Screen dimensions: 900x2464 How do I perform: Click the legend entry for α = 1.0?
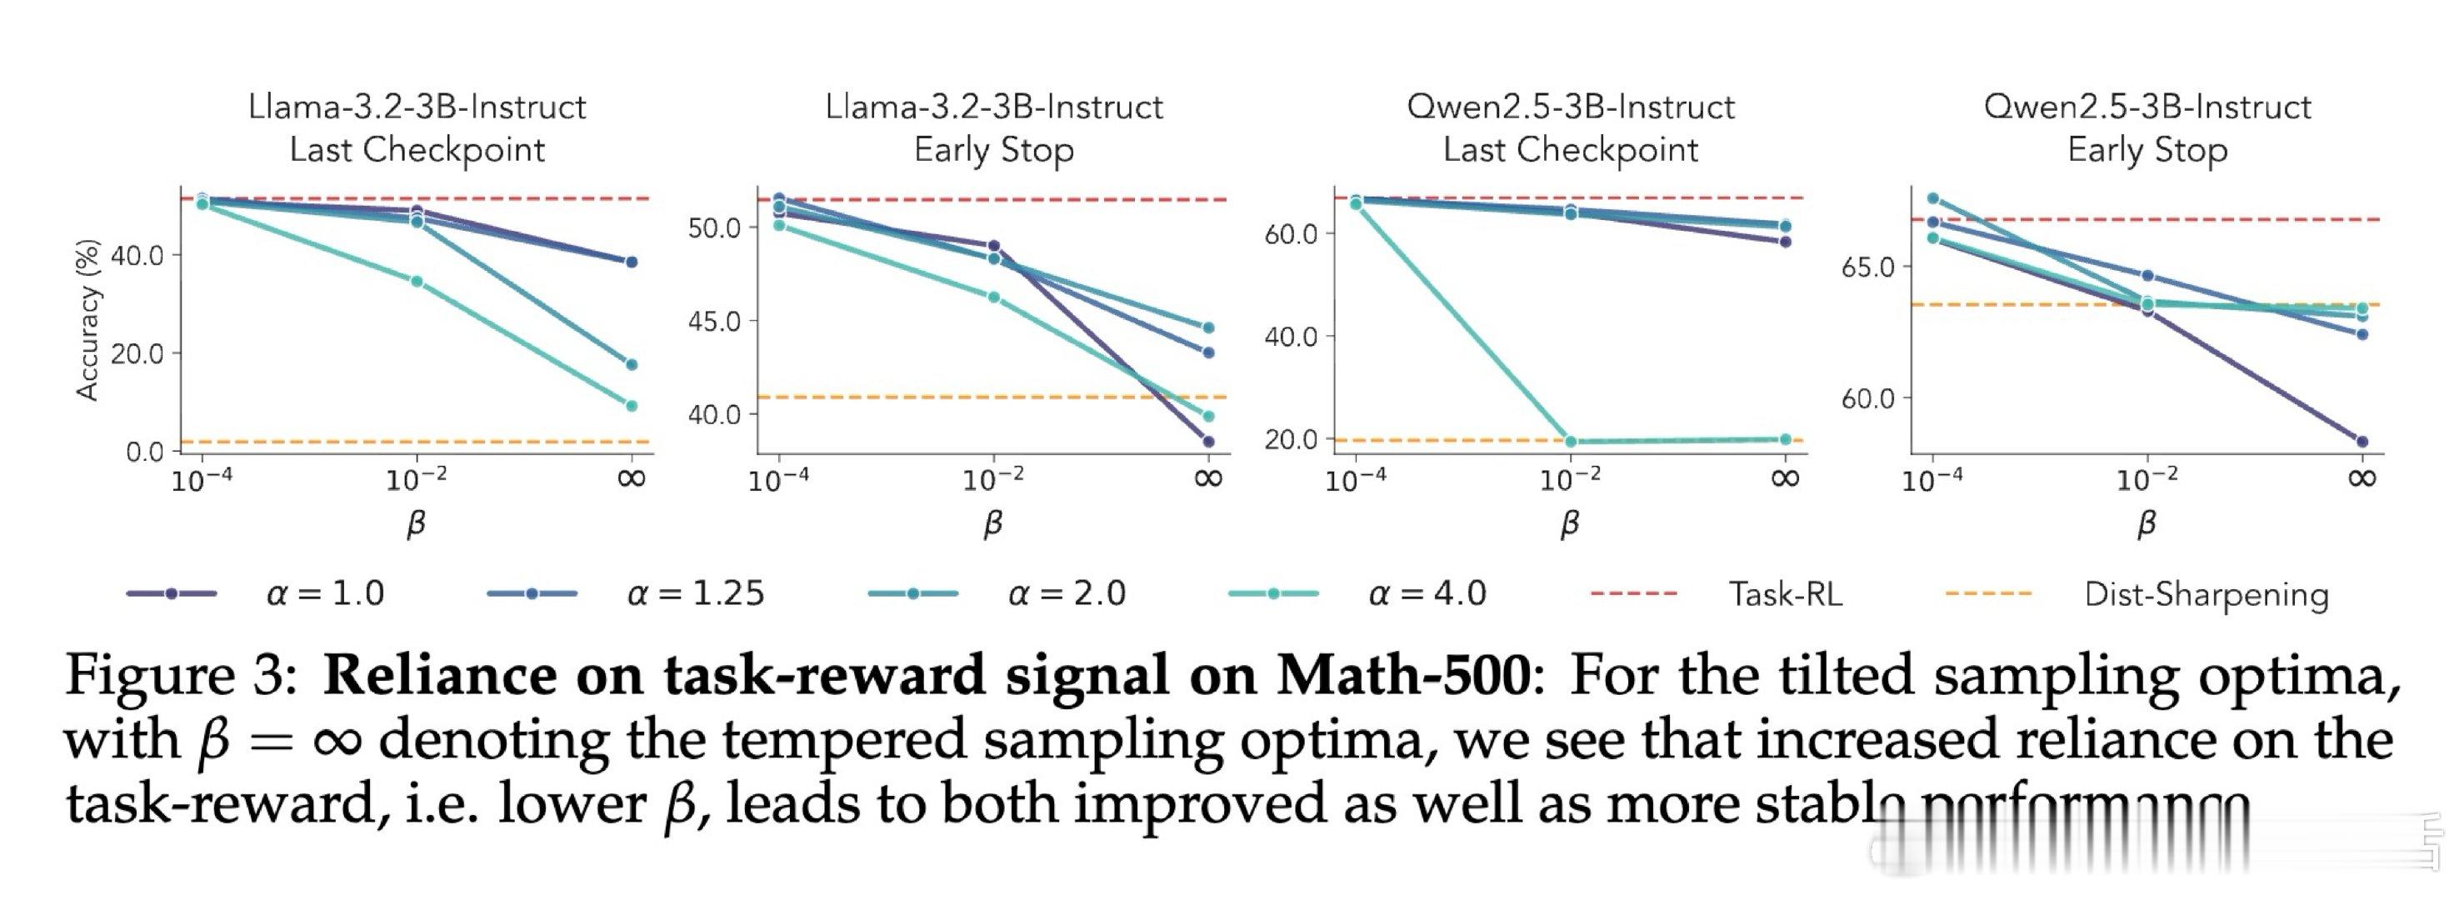point(325,594)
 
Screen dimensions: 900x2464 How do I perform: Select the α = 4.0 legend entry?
point(1427,594)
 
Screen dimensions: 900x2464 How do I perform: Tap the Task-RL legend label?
point(1785,594)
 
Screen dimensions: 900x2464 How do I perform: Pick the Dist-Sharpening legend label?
point(2206,594)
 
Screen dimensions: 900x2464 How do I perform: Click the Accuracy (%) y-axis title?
point(87,319)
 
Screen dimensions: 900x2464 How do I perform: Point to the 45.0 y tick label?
point(714,322)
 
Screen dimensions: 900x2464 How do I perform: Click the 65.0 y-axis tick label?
point(1868,267)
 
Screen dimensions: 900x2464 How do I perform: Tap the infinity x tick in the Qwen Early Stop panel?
point(2362,477)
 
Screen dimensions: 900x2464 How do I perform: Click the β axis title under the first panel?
point(416,523)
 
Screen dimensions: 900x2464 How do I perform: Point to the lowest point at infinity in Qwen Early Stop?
point(2362,442)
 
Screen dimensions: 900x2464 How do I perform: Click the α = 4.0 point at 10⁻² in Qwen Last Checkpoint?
point(1571,442)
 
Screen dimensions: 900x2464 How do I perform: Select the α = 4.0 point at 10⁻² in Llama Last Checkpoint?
point(417,281)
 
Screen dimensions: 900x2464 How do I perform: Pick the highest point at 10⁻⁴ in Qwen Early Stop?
point(1933,199)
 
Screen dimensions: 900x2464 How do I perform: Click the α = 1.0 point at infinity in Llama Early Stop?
point(1208,442)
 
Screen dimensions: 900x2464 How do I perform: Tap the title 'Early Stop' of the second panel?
point(994,150)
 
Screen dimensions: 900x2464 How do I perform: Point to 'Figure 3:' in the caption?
point(182,675)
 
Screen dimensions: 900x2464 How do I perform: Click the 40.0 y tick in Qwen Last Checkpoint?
point(1292,337)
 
